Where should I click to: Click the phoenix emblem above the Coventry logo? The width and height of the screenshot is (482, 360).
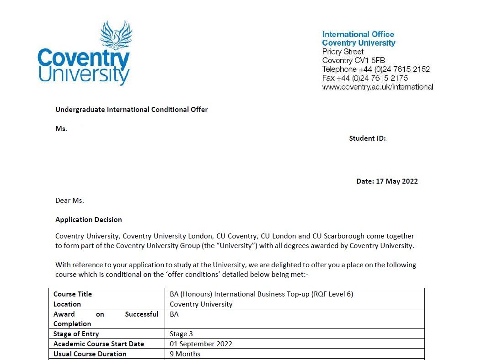(x=116, y=36)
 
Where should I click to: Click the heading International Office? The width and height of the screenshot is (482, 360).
(x=358, y=34)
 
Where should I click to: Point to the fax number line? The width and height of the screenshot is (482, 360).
(x=365, y=78)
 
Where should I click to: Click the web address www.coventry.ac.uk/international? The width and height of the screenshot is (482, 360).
(x=377, y=87)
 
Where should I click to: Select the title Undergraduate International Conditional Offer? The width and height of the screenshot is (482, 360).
(x=131, y=110)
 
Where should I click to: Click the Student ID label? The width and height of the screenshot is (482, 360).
(x=367, y=138)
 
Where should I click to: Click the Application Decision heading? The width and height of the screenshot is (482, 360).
(x=89, y=220)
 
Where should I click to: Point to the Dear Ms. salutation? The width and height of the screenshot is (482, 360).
(x=70, y=201)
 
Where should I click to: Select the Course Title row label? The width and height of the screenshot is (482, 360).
(x=72, y=294)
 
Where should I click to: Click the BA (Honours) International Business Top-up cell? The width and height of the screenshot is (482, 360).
(x=261, y=294)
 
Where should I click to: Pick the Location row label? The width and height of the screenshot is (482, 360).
(x=67, y=304)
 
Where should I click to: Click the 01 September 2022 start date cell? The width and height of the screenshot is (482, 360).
(x=201, y=344)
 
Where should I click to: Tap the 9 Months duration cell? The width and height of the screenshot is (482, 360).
(x=185, y=354)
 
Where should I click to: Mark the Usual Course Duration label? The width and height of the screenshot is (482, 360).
(x=90, y=354)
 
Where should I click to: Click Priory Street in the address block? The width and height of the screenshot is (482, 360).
(x=343, y=52)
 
